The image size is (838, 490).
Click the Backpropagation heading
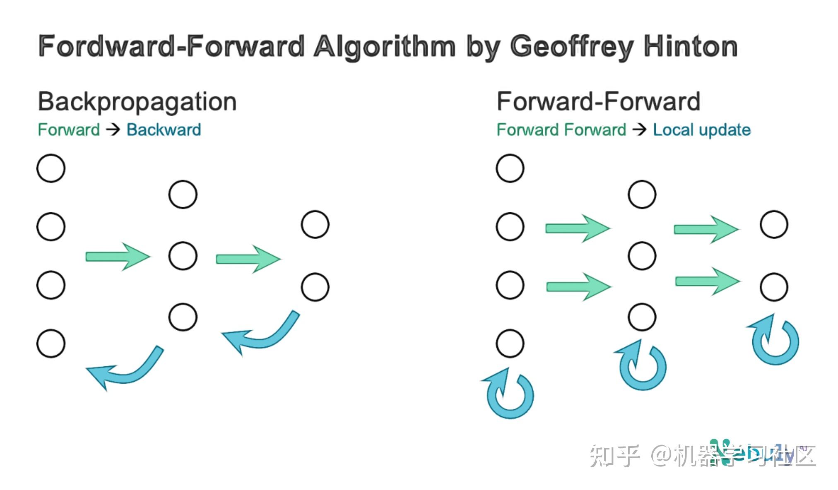tap(137, 102)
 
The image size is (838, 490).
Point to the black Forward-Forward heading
tap(598, 102)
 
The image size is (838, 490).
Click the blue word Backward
tap(164, 130)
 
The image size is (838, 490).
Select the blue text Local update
tap(702, 130)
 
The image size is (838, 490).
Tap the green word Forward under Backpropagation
tap(69, 130)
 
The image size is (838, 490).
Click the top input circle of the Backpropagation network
tap(51, 168)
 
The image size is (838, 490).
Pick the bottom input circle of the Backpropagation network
tap(51, 343)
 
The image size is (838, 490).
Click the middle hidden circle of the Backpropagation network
tap(183, 256)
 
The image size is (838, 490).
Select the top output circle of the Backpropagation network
tap(315, 225)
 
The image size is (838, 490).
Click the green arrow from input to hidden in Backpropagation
tap(118, 257)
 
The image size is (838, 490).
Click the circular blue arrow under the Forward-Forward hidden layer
tap(642, 366)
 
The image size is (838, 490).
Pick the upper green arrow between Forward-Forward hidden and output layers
tap(706, 229)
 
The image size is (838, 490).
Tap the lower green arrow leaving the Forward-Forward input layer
tap(578, 286)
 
